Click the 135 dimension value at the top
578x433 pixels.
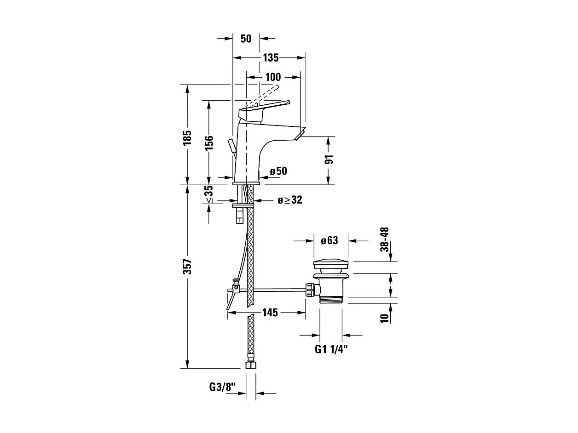tap(271, 58)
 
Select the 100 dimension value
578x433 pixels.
tap(273, 77)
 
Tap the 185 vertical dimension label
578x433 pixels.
tap(187, 138)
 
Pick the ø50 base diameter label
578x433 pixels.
tap(278, 171)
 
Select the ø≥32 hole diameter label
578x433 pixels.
tap(290, 200)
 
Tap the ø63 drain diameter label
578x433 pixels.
tap(329, 240)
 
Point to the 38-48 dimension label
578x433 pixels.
tap(385, 239)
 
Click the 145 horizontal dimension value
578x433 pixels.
tap(270, 313)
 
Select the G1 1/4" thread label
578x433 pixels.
tap(331, 350)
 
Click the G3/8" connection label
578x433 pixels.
tap(222, 387)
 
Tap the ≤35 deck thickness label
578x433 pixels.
tap(209, 194)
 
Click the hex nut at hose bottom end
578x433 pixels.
tap(250, 366)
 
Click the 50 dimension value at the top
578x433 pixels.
tap(246, 39)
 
